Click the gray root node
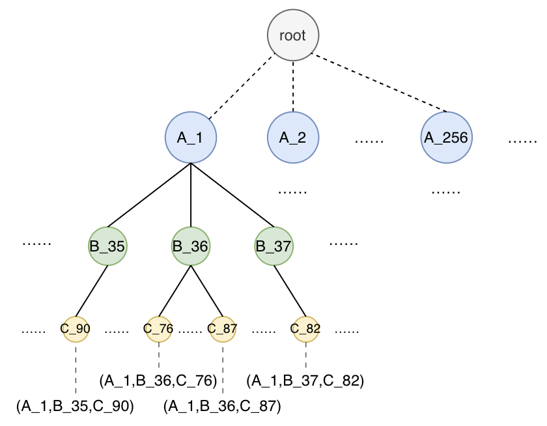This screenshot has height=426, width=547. coord(293,35)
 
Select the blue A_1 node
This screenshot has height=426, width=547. coord(191,137)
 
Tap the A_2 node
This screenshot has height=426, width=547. coord(293,137)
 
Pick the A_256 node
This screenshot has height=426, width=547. coord(447,137)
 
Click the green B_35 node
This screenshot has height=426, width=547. coord(107,246)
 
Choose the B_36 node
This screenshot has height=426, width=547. coord(191,246)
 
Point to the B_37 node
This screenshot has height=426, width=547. coord(274,246)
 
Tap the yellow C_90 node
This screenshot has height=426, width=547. coord(76,329)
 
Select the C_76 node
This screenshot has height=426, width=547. coord(159,329)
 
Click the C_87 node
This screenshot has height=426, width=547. coord(223,329)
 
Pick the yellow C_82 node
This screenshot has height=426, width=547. coord(305,329)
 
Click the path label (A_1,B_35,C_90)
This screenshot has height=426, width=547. coord(75,406)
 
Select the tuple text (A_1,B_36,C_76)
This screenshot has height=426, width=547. coord(158,380)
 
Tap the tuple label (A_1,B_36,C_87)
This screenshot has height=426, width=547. coord(222,406)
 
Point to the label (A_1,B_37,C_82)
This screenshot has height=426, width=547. coord(305,380)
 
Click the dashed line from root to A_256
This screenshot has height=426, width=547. coord(379,83)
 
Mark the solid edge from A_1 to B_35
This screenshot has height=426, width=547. coord(149,195)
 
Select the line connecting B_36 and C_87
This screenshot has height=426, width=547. coord(207,291)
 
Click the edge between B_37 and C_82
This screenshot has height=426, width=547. coord(290,291)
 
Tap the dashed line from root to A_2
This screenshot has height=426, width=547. coord(293,87)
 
